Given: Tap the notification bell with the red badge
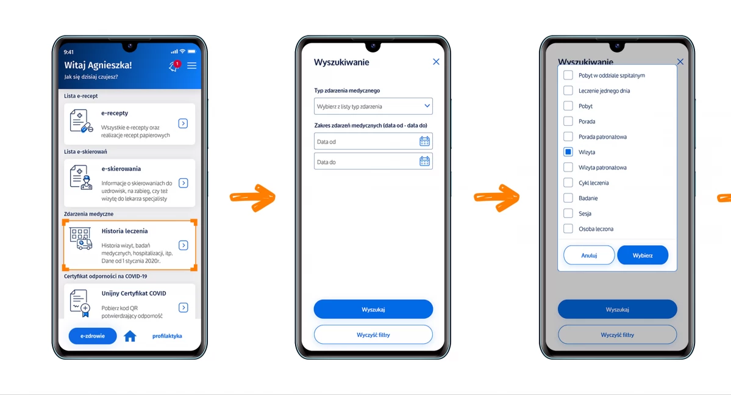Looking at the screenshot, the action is tap(174, 66).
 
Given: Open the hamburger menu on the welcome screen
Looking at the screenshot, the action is tap(191, 65).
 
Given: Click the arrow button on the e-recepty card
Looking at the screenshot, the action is tap(184, 123).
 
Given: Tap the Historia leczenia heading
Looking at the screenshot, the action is tap(124, 231).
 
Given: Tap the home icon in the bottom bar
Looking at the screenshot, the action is tap(130, 336).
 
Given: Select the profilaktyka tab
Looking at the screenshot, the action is tap(167, 336).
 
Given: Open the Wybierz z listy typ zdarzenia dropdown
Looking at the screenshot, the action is tap(373, 106).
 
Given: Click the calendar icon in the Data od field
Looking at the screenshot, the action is tap(424, 141).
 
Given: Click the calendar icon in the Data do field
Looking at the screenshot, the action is tap(424, 162).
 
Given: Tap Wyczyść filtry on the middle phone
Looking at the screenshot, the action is tap(373, 335).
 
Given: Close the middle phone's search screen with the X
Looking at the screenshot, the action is tap(436, 62).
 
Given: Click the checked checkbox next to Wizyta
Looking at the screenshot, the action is tap(568, 152).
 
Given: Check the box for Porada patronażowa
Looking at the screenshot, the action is tap(568, 136).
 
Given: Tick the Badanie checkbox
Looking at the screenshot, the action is tap(568, 198).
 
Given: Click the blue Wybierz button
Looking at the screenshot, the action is tap(643, 255).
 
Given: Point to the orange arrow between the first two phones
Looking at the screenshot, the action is tap(252, 198).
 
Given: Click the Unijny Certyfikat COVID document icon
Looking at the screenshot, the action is tap(80, 303).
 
